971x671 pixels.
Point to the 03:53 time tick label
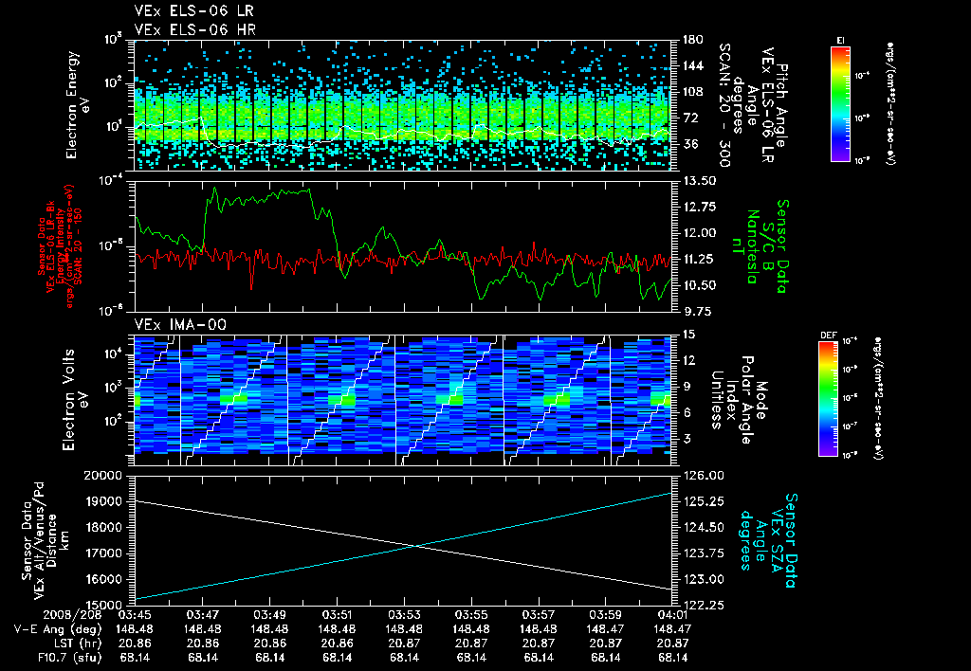pos(405,615)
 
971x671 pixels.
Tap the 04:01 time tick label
pos(673,615)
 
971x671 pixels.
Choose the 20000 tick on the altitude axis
pos(112,475)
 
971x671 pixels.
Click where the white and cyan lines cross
pos(414,545)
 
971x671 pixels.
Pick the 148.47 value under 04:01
pos(673,628)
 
